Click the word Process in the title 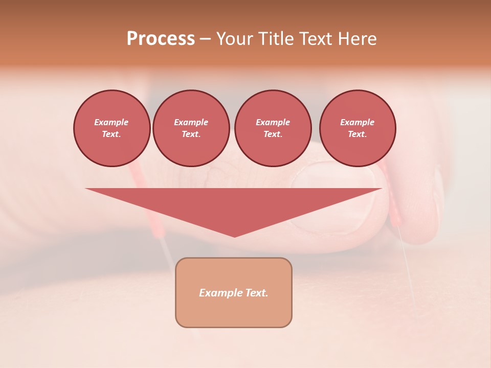(161, 39)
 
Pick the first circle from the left (111, 128)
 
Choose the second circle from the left (191, 128)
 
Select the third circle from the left (273, 128)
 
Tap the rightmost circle (357, 128)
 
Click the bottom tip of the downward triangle (234, 236)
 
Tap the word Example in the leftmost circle (111, 122)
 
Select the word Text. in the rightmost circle (357, 134)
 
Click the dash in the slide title (205, 39)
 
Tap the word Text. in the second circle (191, 134)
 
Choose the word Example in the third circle (273, 122)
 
